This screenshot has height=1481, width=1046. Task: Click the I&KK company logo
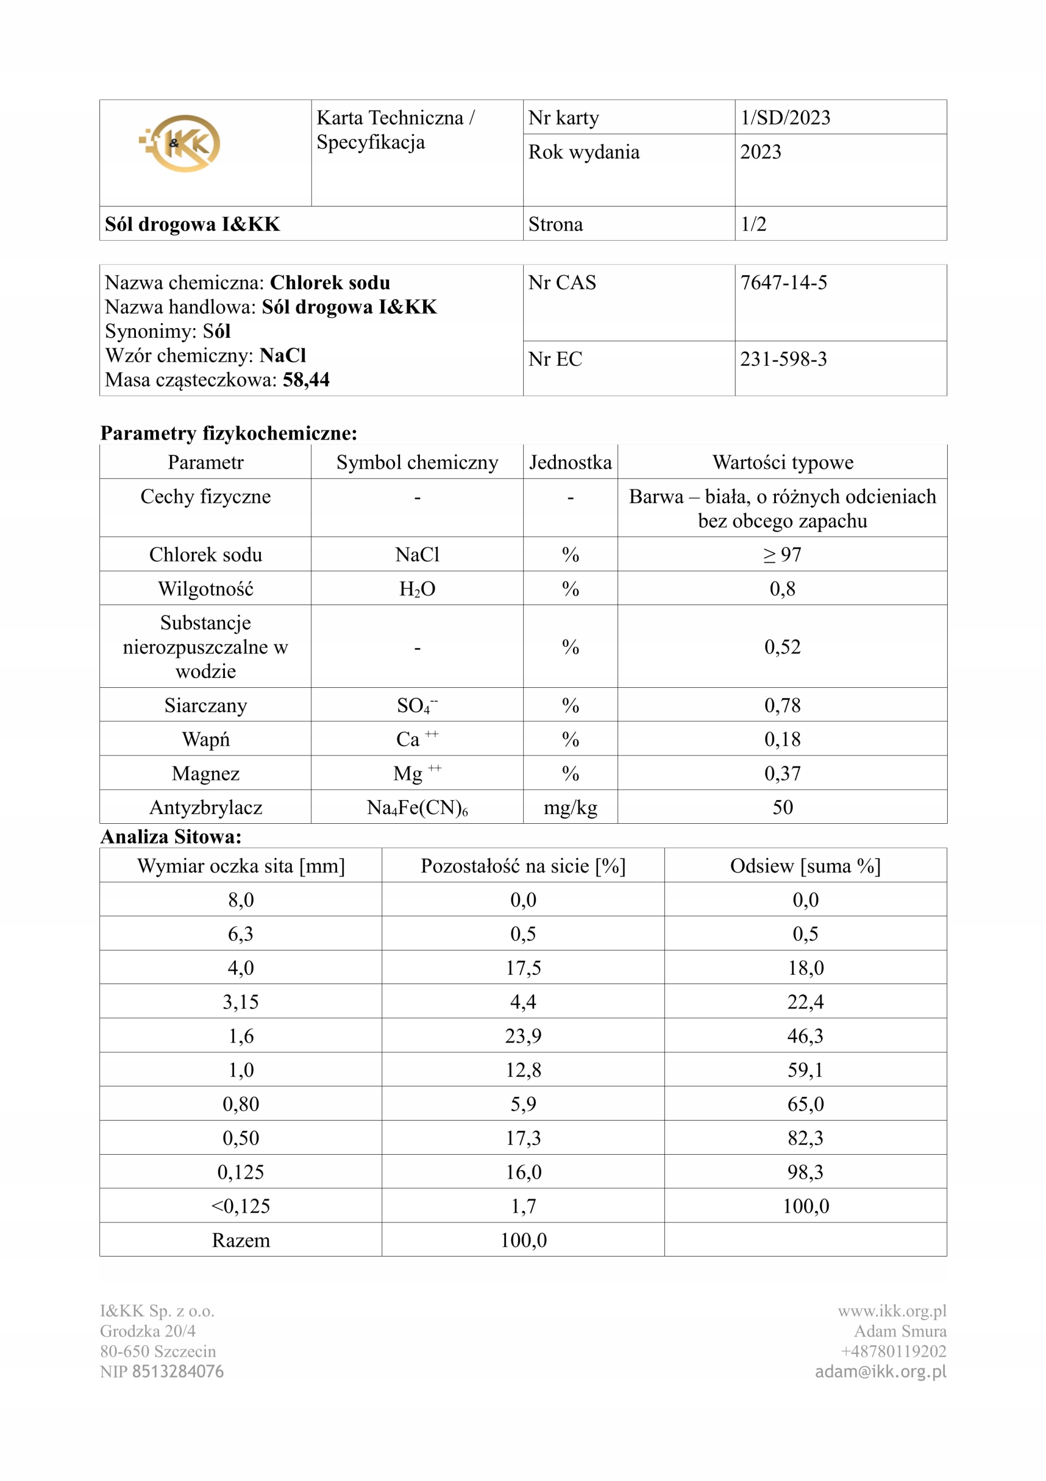click(180, 143)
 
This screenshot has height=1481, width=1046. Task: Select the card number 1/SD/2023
click(785, 117)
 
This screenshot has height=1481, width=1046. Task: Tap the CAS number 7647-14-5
click(783, 282)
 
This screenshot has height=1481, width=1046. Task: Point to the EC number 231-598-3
click(783, 359)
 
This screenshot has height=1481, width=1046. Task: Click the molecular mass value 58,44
click(306, 380)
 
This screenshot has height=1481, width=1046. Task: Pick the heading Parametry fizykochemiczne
click(228, 433)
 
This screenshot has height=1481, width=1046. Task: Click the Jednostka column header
click(570, 462)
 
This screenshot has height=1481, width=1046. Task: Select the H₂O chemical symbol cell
click(417, 589)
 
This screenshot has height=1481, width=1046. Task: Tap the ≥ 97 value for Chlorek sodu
click(782, 555)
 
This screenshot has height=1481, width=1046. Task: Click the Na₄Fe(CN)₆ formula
click(417, 808)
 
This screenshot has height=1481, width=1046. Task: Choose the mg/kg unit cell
click(570, 808)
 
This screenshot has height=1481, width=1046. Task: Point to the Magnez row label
click(205, 773)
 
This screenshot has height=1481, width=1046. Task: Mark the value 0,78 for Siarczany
click(782, 705)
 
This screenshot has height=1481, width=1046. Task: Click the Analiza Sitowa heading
click(171, 837)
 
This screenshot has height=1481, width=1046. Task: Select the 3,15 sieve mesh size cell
click(241, 1002)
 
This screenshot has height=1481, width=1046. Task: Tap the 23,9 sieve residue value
click(523, 1036)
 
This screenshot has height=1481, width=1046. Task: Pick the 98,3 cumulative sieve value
click(805, 1172)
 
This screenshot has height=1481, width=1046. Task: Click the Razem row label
click(241, 1240)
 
